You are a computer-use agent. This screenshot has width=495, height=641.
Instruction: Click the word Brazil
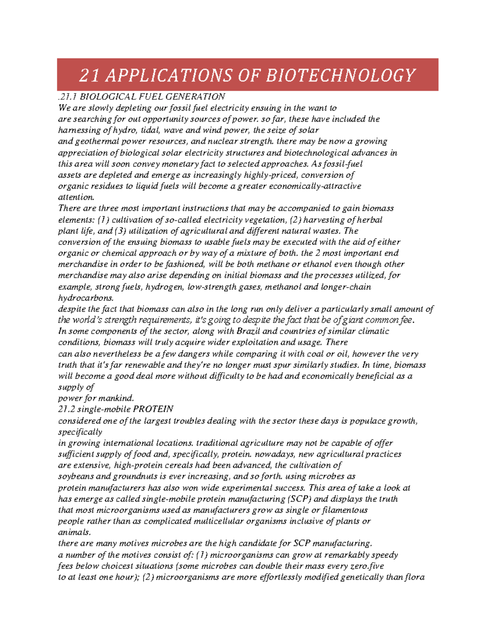click(x=248, y=331)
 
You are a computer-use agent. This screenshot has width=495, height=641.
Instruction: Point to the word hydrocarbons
click(x=85, y=298)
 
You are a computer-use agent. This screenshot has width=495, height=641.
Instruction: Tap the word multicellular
click(x=214, y=521)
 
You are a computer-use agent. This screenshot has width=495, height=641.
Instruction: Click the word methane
click(x=273, y=264)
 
